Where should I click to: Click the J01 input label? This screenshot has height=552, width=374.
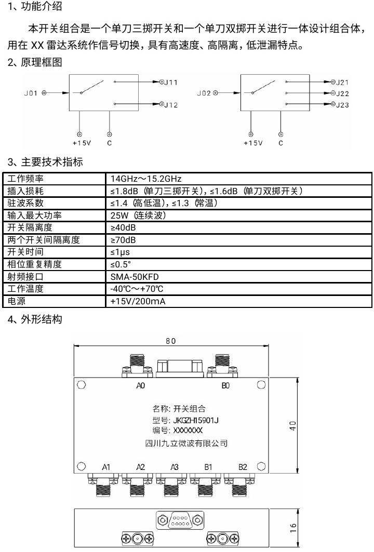pyautogui.click(x=31, y=93)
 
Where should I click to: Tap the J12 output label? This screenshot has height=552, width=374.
pyautogui.click(x=171, y=105)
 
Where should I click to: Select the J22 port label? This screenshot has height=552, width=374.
pyautogui.click(x=342, y=93)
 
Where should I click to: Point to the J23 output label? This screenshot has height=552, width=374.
pyautogui.click(x=342, y=105)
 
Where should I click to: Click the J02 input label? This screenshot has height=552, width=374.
pyautogui.click(x=204, y=93)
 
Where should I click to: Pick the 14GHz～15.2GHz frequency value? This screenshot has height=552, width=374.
pyautogui.click(x=146, y=179)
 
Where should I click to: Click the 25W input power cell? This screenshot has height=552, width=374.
pyautogui.click(x=138, y=215)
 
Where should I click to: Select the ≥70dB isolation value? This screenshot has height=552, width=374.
pyautogui.click(x=123, y=240)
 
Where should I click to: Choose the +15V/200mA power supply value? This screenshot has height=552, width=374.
pyautogui.click(x=138, y=301)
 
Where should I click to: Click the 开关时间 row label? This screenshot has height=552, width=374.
pyautogui.click(x=25, y=252)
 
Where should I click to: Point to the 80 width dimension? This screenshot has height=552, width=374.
pyautogui.click(x=171, y=341)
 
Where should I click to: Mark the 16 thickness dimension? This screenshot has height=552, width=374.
pyautogui.click(x=293, y=528)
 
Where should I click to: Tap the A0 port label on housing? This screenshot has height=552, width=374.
pyautogui.click(x=141, y=386)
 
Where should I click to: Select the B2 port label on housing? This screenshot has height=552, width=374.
pyautogui.click(x=243, y=467)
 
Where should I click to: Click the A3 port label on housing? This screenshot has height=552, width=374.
pyautogui.click(x=175, y=467)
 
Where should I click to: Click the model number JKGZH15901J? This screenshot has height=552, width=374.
pyautogui.click(x=196, y=420)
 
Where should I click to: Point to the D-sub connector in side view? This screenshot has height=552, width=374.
pyautogui.click(x=180, y=520)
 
